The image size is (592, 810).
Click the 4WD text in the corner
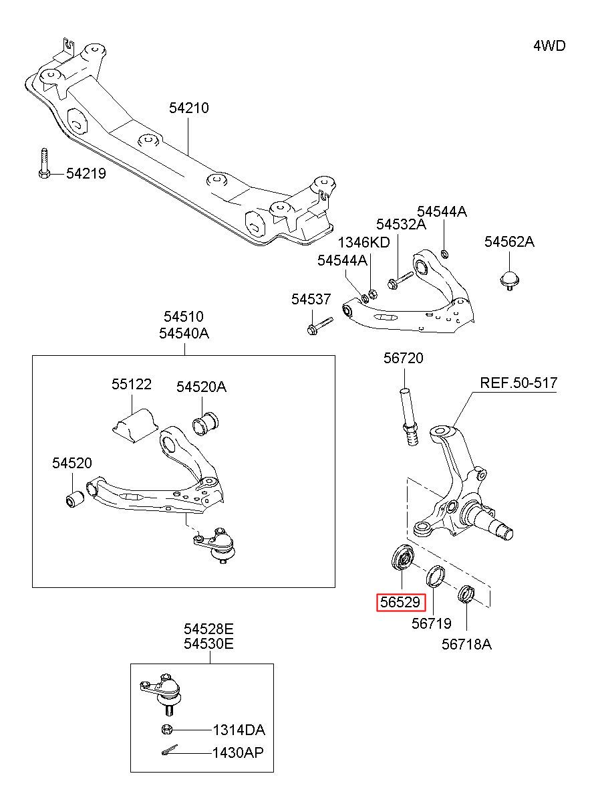pyautogui.click(x=549, y=46)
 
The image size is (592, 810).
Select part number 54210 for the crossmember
pyautogui.click(x=189, y=108)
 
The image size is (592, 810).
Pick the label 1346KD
pyautogui.click(x=363, y=242)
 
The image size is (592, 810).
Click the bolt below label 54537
pyautogui.click(x=319, y=326)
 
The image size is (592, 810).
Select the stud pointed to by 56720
pyautogui.click(x=409, y=416)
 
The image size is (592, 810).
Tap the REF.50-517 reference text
pyautogui.click(x=519, y=383)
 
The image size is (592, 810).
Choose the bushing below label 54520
pyautogui.click(x=75, y=499)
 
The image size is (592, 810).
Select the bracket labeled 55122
pyautogui.click(x=134, y=425)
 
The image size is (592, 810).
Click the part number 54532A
pyautogui.click(x=401, y=224)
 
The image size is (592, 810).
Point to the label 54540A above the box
pyautogui.click(x=184, y=333)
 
